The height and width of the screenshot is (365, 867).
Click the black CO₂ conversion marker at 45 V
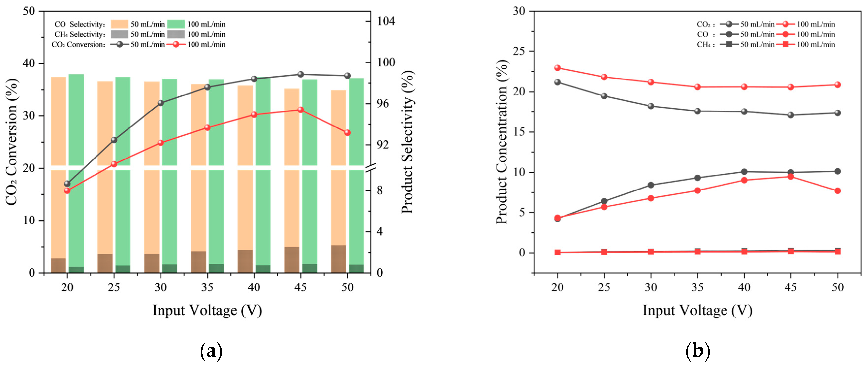(x=301, y=74)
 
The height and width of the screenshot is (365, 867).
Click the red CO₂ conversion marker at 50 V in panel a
(x=347, y=133)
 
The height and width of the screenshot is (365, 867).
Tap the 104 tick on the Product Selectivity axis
(x=386, y=21)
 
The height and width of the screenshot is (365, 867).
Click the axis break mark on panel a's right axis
(x=370, y=167)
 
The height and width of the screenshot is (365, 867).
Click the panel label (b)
(x=697, y=351)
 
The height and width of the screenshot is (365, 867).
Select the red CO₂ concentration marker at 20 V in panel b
(x=557, y=68)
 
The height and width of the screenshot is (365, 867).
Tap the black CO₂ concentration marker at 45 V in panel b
(x=791, y=115)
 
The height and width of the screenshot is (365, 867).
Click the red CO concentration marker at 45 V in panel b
(x=791, y=177)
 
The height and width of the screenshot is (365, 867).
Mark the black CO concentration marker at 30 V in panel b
(x=651, y=185)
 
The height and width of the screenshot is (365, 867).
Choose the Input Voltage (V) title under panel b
(x=697, y=310)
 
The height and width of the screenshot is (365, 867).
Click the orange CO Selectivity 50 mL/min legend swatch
(x=119, y=24)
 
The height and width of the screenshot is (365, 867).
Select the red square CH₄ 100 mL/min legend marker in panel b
(x=786, y=44)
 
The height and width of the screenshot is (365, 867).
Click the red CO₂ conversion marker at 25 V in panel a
(x=114, y=164)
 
